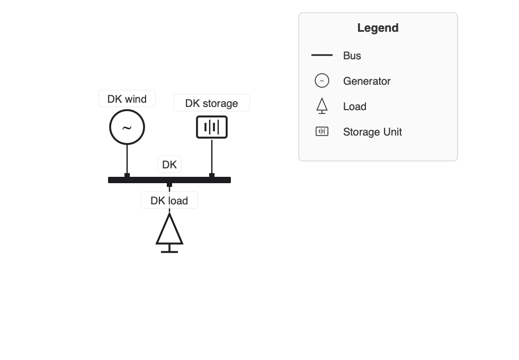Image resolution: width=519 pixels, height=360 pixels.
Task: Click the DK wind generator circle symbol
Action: coord(127,127)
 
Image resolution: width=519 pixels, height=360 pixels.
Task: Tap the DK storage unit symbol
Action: coord(212,127)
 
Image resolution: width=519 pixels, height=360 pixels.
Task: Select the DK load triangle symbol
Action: coord(169,231)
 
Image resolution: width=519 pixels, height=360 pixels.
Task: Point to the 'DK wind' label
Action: coord(127,99)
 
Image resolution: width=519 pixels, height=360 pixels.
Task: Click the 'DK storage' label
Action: coord(211,103)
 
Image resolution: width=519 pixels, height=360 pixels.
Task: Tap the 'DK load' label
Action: coord(169,201)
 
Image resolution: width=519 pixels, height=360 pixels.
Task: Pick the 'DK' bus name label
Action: coord(169,165)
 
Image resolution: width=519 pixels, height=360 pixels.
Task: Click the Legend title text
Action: coord(378,28)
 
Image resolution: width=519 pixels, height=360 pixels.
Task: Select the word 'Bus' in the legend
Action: coord(352,56)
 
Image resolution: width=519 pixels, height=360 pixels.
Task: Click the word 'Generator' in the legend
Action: coord(366,81)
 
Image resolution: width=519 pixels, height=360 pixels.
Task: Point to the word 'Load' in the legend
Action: coord(354,106)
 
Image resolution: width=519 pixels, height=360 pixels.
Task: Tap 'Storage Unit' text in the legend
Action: coord(372,132)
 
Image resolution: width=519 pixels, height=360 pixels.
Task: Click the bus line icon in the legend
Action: coord(322,55)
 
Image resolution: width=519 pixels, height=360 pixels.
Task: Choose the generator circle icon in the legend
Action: coord(322,80)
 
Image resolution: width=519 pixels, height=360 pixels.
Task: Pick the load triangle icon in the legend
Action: coord(322,105)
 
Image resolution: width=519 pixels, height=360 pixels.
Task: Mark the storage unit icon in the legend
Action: coord(322,131)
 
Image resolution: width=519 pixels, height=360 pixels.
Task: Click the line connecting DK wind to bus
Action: coord(127,159)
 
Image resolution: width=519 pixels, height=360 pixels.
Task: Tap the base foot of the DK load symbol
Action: coord(169,251)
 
